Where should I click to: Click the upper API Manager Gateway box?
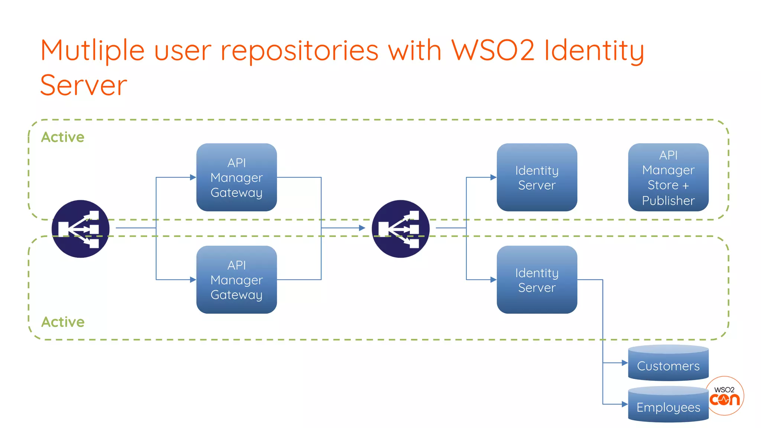pyautogui.click(x=236, y=177)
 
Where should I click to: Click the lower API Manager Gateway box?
pyautogui.click(x=236, y=279)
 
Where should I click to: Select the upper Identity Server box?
pyautogui.click(x=537, y=177)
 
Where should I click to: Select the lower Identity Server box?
pyautogui.click(x=537, y=279)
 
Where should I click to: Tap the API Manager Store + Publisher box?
pyautogui.click(x=668, y=177)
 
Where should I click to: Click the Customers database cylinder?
pyautogui.click(x=668, y=363)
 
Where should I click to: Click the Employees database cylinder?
pyautogui.click(x=668, y=405)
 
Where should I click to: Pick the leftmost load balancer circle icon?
pyautogui.click(x=80, y=228)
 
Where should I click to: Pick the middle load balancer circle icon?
pyautogui.click(x=401, y=228)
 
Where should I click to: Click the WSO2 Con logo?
pyautogui.click(x=725, y=396)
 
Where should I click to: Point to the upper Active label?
pyautogui.click(x=63, y=137)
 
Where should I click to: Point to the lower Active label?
pyautogui.click(x=63, y=322)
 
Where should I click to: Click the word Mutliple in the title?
pyautogui.click(x=92, y=51)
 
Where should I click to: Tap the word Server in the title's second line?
pyautogui.click(x=84, y=85)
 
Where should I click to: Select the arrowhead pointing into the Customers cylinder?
pyautogui.click(x=625, y=363)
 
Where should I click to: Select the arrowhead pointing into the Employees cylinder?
pyautogui.click(x=625, y=404)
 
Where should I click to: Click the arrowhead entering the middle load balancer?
pyautogui.click(x=362, y=228)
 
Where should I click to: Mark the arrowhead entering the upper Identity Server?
pyautogui.click(x=493, y=177)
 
